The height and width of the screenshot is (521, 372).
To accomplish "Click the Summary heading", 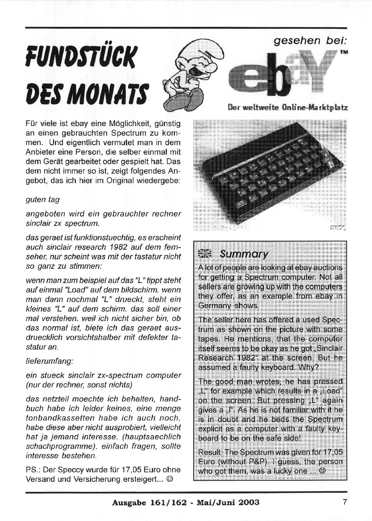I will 244,254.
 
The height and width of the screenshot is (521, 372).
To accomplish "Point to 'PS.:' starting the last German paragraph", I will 33,470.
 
